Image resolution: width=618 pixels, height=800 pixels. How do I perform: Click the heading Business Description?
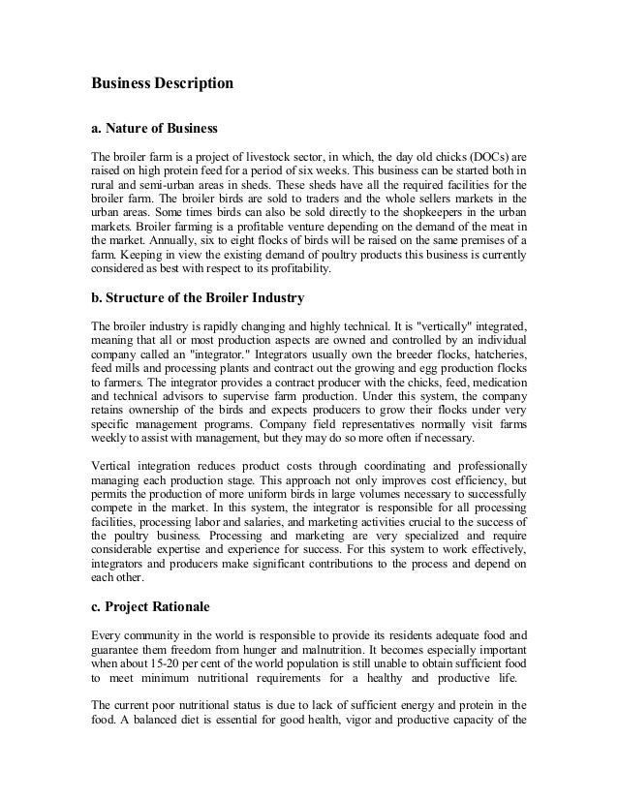click(x=163, y=84)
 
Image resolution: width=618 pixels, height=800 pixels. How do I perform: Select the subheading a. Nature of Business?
click(x=154, y=128)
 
